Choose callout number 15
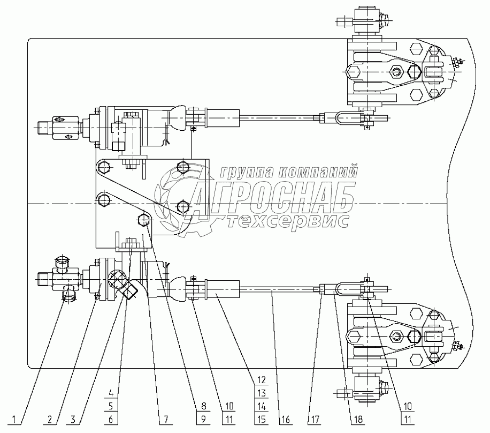click(x=261, y=419)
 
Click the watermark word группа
click(x=245, y=173)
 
